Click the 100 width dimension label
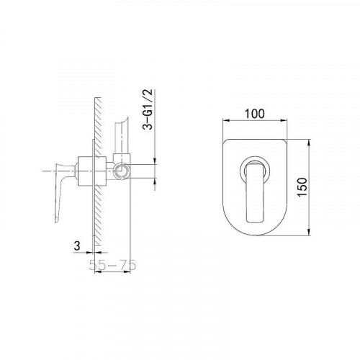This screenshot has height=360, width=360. pyautogui.click(x=254, y=114)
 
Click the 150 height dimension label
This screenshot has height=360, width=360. pyautogui.click(x=302, y=187)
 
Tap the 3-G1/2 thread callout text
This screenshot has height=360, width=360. pyautogui.click(x=148, y=109)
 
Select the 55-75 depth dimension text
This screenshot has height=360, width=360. pyautogui.click(x=112, y=265)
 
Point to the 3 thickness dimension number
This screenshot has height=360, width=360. pyautogui.click(x=77, y=246)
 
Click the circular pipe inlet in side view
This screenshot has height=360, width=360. pyautogui.click(x=121, y=171)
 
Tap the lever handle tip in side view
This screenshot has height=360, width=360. pyautogui.click(x=57, y=220)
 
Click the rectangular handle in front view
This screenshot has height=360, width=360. pyautogui.click(x=256, y=192)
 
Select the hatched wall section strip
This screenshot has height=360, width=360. pyautogui.click(x=98, y=171)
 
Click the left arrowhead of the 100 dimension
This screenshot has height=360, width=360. pyautogui.click(x=226, y=121)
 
